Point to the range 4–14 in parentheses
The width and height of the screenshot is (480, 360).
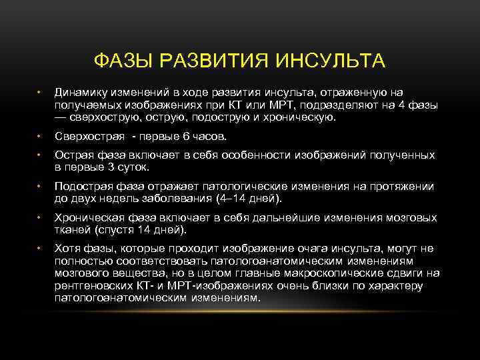point(231,198)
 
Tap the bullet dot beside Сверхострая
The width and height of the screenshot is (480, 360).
point(40,137)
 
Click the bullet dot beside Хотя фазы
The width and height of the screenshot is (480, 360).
point(40,249)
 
